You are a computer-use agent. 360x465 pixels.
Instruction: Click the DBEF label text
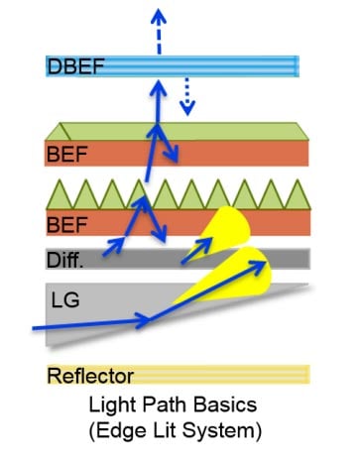point(75,66)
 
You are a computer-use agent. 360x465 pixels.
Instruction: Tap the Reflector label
point(90,375)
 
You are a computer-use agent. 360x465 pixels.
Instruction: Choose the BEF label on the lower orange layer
point(66,226)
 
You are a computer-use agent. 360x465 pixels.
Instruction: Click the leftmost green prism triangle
point(59,195)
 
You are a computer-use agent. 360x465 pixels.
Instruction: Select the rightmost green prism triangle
point(295,195)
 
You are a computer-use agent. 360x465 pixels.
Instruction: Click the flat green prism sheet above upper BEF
point(179,132)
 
